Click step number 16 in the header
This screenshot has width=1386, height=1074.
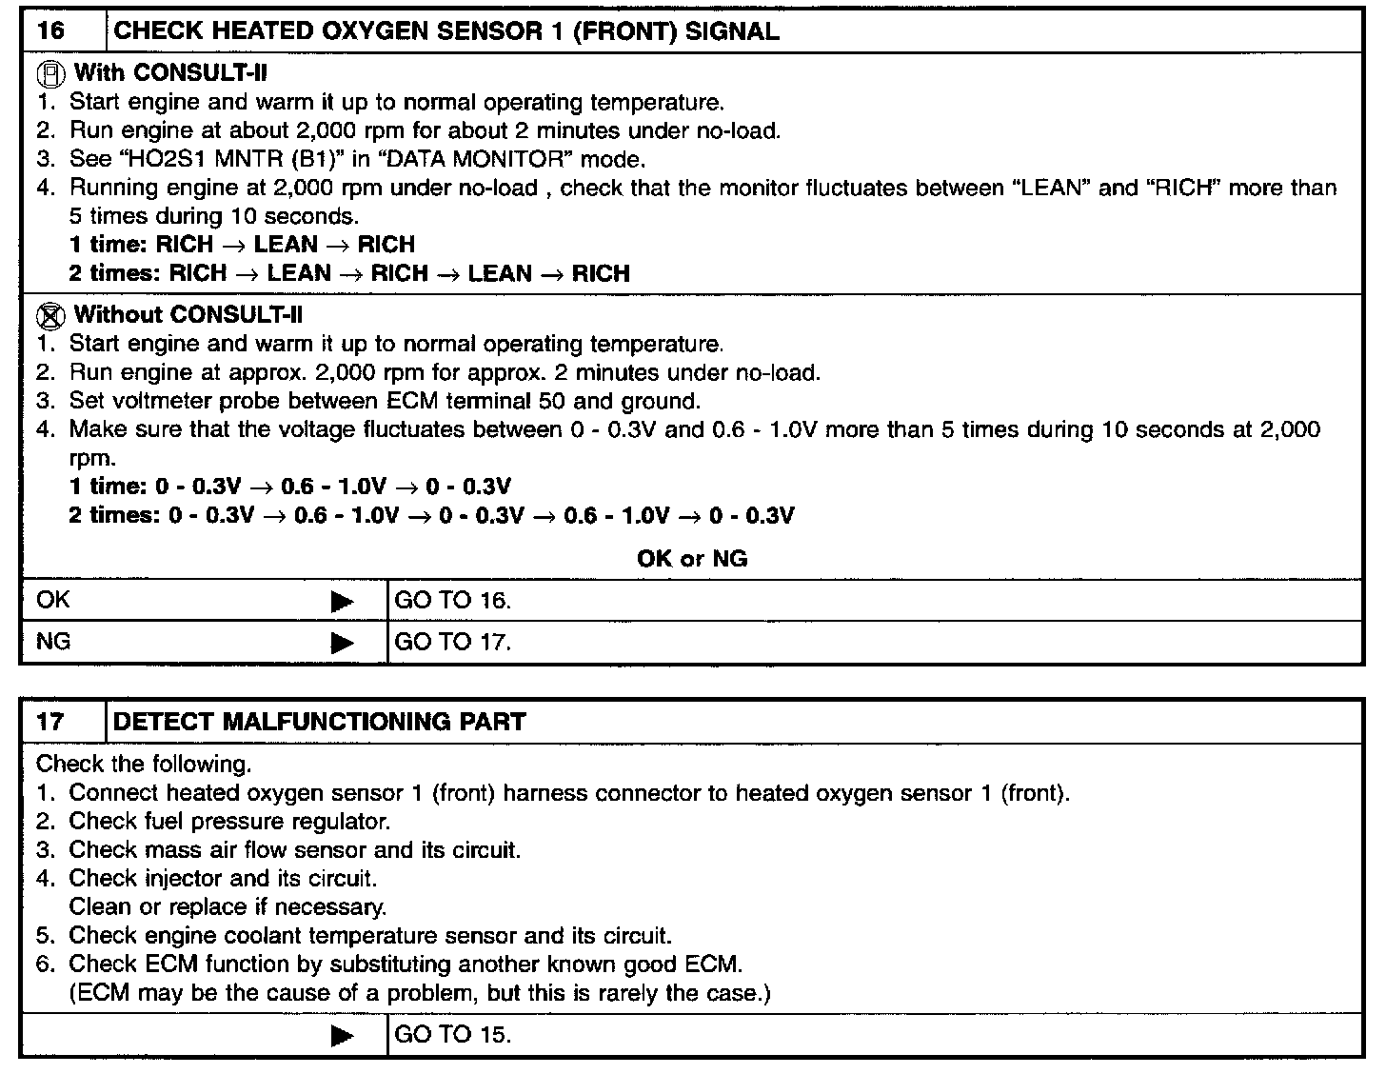click(50, 30)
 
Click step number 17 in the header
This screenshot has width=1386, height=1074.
click(50, 722)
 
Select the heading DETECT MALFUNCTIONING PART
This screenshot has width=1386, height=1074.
click(319, 722)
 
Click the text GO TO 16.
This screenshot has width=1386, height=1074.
click(452, 601)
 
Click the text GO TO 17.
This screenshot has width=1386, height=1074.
click(452, 643)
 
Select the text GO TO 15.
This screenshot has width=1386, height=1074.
click(452, 1035)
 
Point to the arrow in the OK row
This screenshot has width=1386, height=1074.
click(342, 602)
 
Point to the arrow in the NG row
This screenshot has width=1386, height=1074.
click(342, 644)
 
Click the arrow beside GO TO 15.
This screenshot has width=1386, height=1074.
click(342, 1036)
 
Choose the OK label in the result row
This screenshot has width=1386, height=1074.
click(53, 601)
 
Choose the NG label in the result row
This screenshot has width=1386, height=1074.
click(53, 643)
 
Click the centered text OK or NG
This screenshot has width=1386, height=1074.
click(692, 559)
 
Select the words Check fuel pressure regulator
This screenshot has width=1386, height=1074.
click(228, 822)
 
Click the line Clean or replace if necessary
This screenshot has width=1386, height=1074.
click(228, 907)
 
